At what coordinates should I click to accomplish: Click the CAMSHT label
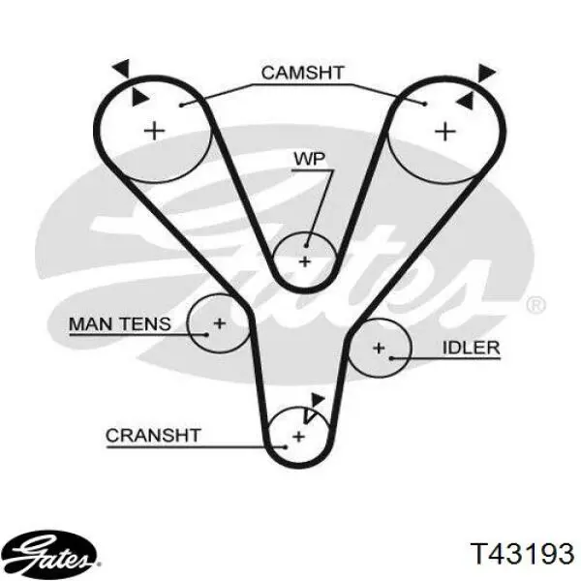(x=303, y=73)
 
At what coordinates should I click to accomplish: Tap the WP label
(x=310, y=159)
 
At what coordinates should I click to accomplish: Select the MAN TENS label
(x=120, y=324)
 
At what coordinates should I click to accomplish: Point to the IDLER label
(x=472, y=348)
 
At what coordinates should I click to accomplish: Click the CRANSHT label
(x=153, y=436)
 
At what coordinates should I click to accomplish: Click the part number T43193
(x=522, y=554)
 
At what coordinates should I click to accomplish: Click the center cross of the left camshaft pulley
(x=154, y=131)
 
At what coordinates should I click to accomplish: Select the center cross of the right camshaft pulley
(x=444, y=131)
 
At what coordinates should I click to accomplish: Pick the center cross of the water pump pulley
(x=305, y=262)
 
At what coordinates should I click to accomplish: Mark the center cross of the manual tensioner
(x=220, y=323)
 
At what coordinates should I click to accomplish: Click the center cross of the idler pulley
(x=379, y=348)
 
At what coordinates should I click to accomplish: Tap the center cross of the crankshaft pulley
(x=298, y=437)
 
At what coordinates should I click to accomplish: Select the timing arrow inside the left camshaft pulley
(x=139, y=98)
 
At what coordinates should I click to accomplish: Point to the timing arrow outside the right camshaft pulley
(x=486, y=73)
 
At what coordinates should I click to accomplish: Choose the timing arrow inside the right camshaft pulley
(x=466, y=101)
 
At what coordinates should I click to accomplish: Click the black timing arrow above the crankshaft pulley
(x=318, y=401)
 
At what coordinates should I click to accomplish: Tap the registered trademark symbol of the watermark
(x=535, y=305)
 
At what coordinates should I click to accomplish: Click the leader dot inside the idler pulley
(x=391, y=358)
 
